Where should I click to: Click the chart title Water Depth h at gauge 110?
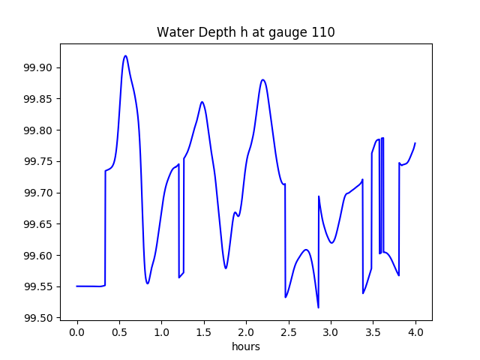[x=245, y=33]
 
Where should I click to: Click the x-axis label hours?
[x=246, y=347]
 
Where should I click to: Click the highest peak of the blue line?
[x=125, y=55]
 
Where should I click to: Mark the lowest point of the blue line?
[x=318, y=307]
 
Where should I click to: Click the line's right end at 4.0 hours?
[x=415, y=143]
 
